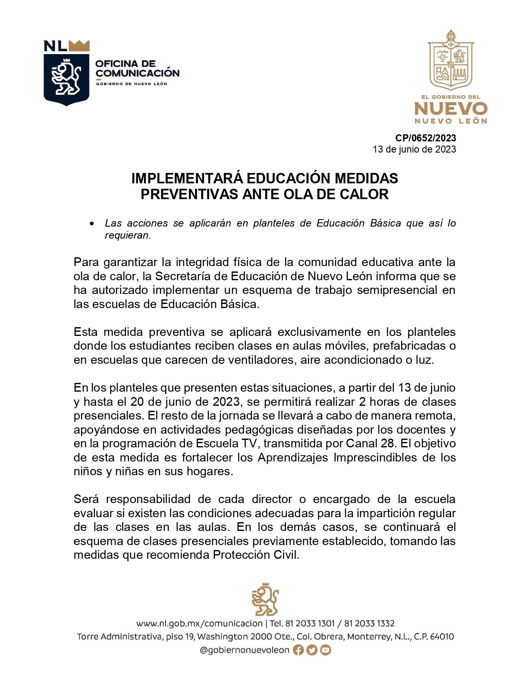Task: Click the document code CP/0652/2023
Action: (425, 138)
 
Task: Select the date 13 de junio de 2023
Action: (414, 149)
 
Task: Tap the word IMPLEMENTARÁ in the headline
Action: (187, 178)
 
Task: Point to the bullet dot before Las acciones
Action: (92, 224)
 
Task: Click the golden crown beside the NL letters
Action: (79, 45)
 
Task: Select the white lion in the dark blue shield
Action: (66, 77)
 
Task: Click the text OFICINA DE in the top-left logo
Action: (125, 64)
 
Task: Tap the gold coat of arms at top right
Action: (451, 61)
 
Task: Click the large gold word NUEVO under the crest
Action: (451, 109)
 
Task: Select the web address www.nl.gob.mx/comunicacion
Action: (200, 624)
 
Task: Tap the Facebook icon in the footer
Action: (298, 650)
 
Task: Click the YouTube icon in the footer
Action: (325, 650)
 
